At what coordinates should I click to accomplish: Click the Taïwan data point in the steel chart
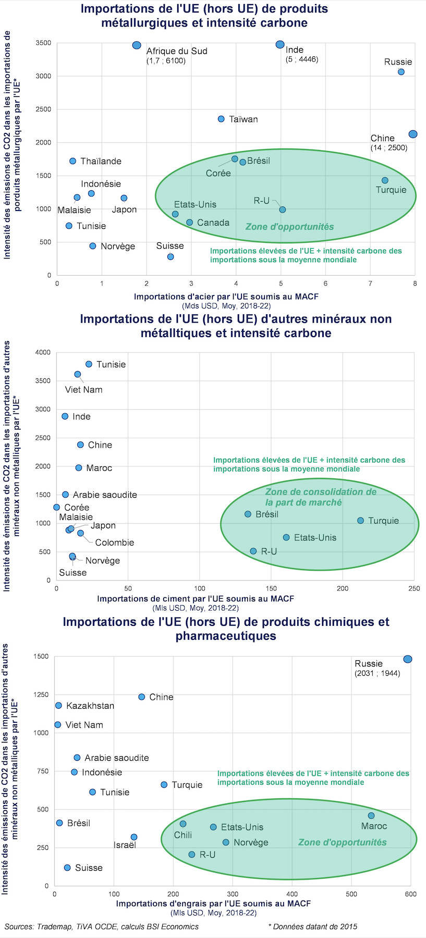(x=221, y=119)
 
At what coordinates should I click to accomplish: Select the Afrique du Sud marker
(x=137, y=45)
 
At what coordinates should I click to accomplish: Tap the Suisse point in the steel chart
(x=171, y=257)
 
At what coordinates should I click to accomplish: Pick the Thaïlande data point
(x=73, y=161)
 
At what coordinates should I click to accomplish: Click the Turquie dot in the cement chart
(x=360, y=521)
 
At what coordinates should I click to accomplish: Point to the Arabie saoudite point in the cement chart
(x=65, y=495)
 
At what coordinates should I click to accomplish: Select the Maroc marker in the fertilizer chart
(x=371, y=816)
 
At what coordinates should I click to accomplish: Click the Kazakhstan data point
(x=58, y=706)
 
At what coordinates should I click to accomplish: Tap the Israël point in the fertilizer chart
(x=134, y=837)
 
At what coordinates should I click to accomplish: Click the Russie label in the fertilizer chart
(x=369, y=663)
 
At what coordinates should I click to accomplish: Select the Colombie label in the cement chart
(x=115, y=542)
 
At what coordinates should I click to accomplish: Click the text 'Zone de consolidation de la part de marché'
(x=320, y=497)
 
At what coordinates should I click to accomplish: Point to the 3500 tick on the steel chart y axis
(x=43, y=43)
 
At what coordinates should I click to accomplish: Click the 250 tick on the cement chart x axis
(x=414, y=588)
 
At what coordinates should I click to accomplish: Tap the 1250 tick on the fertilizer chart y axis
(x=41, y=695)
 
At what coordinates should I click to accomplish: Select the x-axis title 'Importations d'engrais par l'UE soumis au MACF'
(x=213, y=904)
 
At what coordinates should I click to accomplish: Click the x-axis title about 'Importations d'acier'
(x=226, y=297)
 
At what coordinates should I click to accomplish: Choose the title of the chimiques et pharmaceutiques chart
(x=226, y=628)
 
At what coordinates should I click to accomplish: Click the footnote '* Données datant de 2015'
(x=312, y=927)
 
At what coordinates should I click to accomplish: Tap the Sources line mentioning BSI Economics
(x=102, y=927)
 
